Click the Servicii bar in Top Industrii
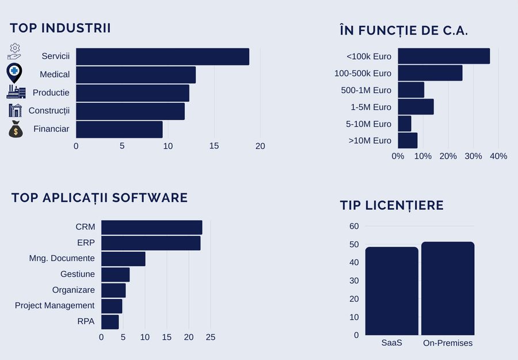[162, 57]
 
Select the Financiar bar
[119, 129]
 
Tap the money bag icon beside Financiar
[16, 129]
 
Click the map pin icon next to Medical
[14, 74]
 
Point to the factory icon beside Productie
[16, 92]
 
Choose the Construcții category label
[49, 110]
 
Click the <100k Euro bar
[444, 56]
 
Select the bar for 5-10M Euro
[405, 124]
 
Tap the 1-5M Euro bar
[416, 107]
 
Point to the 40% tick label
[498, 156]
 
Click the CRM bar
[151, 227]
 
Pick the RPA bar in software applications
[110, 321]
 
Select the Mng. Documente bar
[123, 259]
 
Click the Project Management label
[55, 305]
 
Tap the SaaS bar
[392, 291]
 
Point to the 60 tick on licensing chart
[354, 226]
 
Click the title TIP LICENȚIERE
[391, 205]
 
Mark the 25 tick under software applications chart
[211, 337]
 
